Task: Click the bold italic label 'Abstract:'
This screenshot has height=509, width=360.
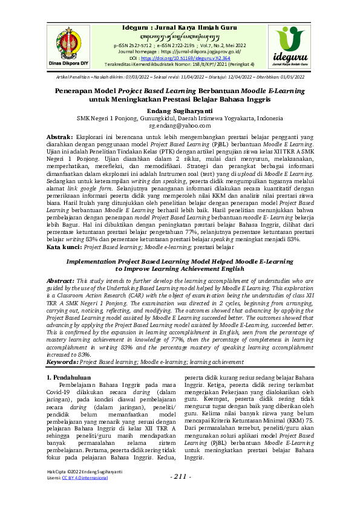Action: coord(62,281)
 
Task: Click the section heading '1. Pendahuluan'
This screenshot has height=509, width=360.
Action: coord(71,377)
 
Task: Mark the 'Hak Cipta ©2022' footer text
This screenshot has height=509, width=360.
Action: coord(63,471)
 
